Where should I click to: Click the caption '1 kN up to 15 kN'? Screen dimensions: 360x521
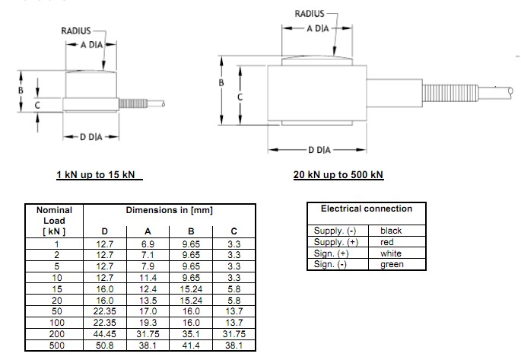pos(100,174)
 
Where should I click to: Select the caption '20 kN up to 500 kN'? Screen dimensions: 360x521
pos(338,174)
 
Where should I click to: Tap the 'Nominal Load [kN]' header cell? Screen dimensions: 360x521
pos(54,220)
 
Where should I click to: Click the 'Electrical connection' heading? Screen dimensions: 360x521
pos(367,209)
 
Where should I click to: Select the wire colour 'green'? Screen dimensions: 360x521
pos(392,264)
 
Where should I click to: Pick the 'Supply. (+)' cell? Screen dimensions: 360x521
pos(335,241)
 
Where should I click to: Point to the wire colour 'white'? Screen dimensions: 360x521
pos(391,253)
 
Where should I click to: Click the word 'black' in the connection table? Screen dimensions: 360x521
pos(391,230)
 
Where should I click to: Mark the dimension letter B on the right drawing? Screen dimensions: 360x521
pos(220,82)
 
